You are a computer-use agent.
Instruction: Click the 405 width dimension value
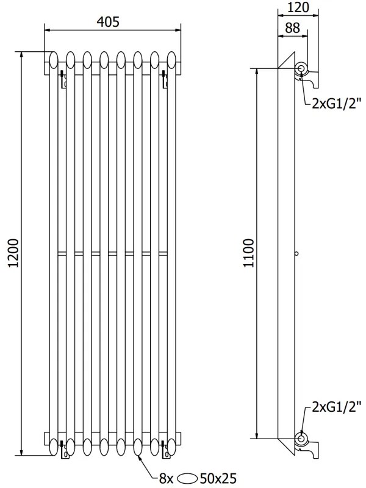point(113,21)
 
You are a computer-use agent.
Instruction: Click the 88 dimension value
point(293,28)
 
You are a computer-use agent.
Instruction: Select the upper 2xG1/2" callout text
point(336,103)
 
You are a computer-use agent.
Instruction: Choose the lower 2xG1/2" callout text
point(336,406)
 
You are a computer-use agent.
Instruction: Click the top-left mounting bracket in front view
point(63,80)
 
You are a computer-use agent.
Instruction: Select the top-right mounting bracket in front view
point(163,80)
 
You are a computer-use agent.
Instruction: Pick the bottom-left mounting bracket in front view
point(63,450)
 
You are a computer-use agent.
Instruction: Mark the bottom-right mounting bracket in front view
point(163,450)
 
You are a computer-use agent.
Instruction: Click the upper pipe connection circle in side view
point(301,68)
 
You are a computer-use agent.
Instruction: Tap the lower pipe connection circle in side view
point(301,438)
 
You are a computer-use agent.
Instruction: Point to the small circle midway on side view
point(296,253)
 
